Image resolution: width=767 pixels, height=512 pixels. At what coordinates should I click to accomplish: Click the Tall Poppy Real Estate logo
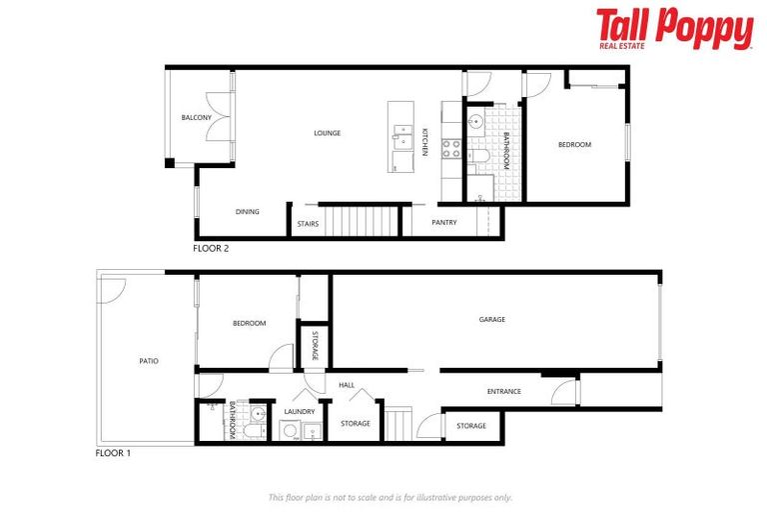pyautogui.click(x=674, y=29)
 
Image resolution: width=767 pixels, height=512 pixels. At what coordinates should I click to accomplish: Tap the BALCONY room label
pyautogui.click(x=196, y=118)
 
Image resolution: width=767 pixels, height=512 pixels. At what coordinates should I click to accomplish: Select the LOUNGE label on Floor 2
pyautogui.click(x=327, y=133)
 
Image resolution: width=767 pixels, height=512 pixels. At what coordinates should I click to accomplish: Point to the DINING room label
pyautogui.click(x=247, y=212)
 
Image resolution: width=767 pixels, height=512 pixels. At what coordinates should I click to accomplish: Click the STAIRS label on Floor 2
pyautogui.click(x=308, y=224)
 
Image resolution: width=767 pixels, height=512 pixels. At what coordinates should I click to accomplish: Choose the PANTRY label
pyautogui.click(x=444, y=222)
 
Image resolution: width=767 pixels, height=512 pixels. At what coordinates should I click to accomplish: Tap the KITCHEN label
pyautogui.click(x=424, y=142)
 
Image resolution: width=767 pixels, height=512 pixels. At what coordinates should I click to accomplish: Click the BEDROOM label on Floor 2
pyautogui.click(x=574, y=145)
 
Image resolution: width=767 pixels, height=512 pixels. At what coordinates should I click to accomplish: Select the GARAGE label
pyautogui.click(x=491, y=320)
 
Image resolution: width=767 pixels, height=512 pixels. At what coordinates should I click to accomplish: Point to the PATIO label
pyautogui.click(x=148, y=361)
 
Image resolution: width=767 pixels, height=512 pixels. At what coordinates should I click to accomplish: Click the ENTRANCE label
pyautogui.click(x=503, y=391)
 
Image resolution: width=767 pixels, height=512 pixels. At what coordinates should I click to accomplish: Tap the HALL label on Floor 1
pyautogui.click(x=347, y=385)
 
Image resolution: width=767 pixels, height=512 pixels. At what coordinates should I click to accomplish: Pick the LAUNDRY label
pyautogui.click(x=299, y=411)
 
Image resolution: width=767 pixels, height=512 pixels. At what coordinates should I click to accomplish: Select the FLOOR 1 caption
pyautogui.click(x=113, y=453)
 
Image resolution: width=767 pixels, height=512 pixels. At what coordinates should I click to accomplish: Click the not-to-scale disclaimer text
pyautogui.click(x=390, y=497)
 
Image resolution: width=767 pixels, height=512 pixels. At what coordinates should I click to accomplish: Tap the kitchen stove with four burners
pyautogui.click(x=450, y=149)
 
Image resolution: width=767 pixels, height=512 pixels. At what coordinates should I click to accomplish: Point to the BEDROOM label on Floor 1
pyautogui.click(x=249, y=323)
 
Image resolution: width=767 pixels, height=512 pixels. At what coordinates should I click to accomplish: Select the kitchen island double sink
pyautogui.click(x=401, y=134)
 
